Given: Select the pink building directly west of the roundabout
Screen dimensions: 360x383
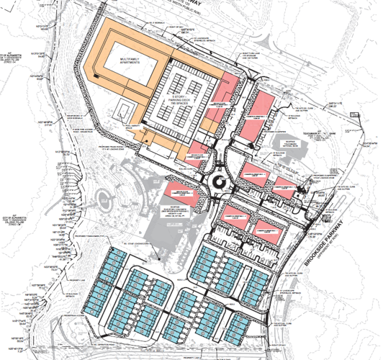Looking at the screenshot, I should [x=183, y=189].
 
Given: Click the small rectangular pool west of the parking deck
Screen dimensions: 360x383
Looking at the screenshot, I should [x=125, y=112].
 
